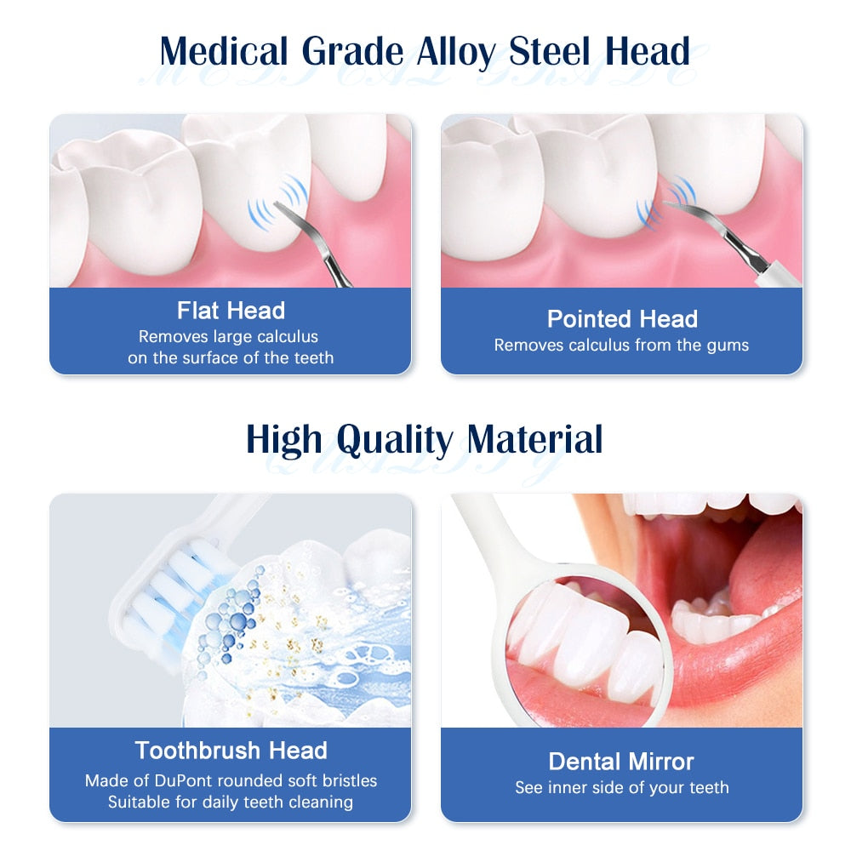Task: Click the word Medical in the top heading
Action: [225, 52]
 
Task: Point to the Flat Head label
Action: [231, 311]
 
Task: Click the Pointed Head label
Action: [622, 319]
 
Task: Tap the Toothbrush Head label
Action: [231, 751]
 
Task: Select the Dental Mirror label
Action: [621, 761]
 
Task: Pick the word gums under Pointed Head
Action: [726, 346]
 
